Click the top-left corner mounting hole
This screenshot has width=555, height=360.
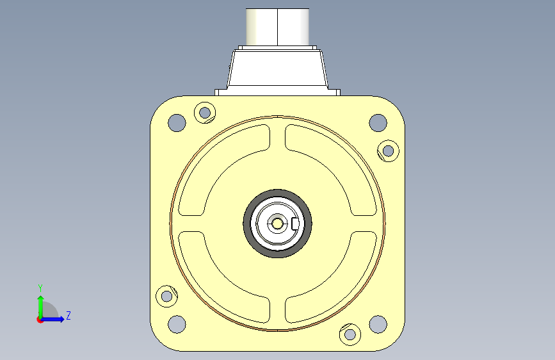[x=177, y=122]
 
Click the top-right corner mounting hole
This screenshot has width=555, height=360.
[x=378, y=122]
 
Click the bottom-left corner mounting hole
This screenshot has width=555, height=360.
[x=177, y=324]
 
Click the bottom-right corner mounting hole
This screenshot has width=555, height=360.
[x=378, y=324]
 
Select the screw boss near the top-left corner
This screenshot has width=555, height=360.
[x=205, y=113]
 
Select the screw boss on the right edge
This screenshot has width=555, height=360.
[x=389, y=151]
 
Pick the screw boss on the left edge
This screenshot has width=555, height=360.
[x=166, y=296]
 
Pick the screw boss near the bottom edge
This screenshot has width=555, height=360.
[x=350, y=334]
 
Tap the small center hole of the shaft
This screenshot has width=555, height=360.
[x=277, y=224]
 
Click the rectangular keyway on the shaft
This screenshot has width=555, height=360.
[x=295, y=224]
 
